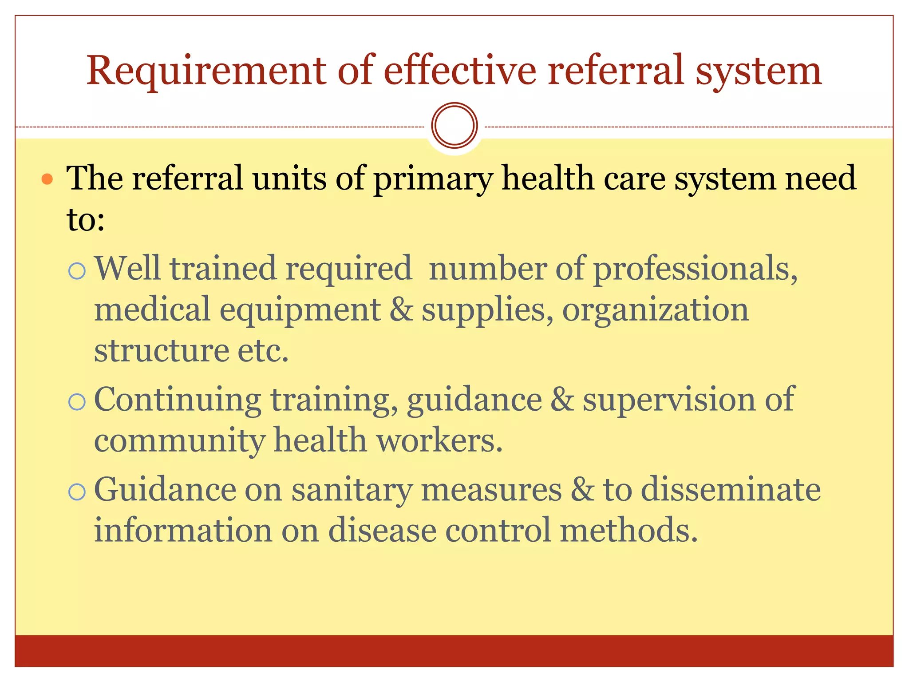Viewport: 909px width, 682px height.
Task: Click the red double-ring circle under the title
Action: (454, 125)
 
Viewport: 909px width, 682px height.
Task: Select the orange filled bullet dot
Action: (47, 179)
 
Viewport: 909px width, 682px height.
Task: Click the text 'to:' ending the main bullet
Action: (86, 219)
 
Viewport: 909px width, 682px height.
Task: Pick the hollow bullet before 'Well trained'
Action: (77, 270)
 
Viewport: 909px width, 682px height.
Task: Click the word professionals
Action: (695, 269)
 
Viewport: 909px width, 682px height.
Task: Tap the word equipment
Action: (300, 309)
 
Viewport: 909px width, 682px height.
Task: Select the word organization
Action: (656, 309)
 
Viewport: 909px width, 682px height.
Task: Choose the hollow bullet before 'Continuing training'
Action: (77, 402)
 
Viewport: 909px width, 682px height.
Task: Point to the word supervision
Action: (668, 400)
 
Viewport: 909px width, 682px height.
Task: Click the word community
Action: (179, 441)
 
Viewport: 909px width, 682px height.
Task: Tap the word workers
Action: (439, 440)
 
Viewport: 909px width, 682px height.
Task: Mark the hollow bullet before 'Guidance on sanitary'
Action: (77, 492)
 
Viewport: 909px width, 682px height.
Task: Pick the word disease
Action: (382, 531)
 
